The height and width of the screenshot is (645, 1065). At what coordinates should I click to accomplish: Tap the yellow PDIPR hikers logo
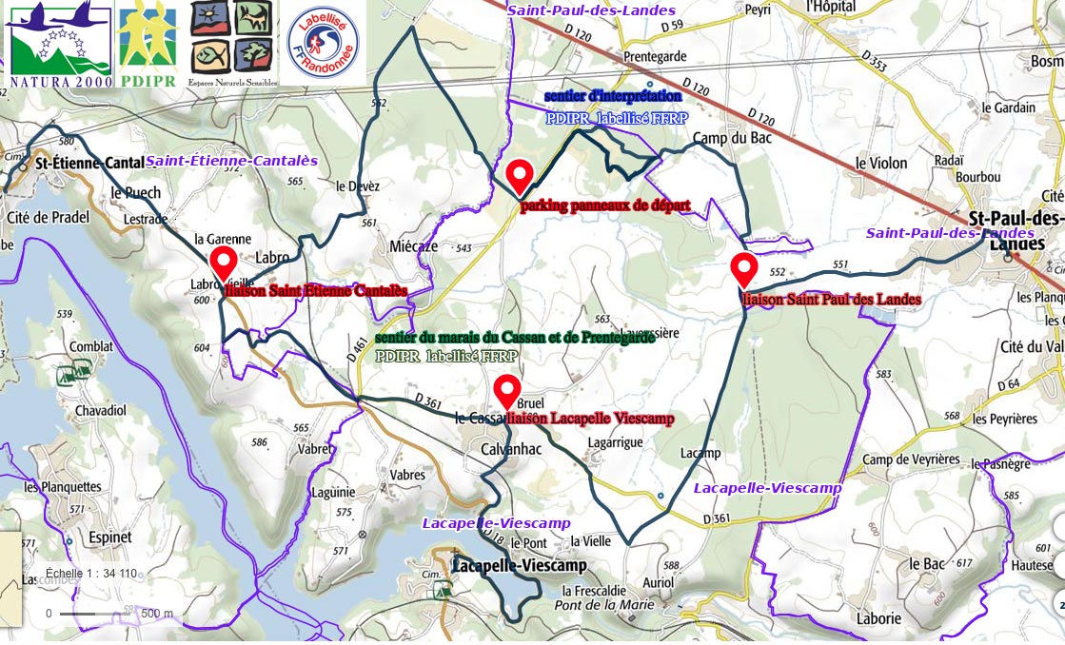(147, 44)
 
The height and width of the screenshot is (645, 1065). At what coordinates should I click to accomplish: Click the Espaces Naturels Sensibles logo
(233, 43)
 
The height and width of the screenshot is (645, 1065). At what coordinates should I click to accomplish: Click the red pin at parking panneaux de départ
(519, 177)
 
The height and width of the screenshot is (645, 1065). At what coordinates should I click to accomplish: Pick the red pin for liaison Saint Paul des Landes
(743, 269)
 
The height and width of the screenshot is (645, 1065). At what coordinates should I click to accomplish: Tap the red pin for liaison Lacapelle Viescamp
(507, 391)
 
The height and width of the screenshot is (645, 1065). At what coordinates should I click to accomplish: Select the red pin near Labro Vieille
(224, 262)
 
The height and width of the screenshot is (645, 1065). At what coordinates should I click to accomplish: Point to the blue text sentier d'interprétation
(613, 97)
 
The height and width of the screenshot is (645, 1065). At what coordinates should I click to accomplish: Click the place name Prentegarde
(654, 56)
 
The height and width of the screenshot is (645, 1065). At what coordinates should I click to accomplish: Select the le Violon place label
(881, 163)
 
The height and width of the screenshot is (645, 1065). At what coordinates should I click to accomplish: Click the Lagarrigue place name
(616, 442)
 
